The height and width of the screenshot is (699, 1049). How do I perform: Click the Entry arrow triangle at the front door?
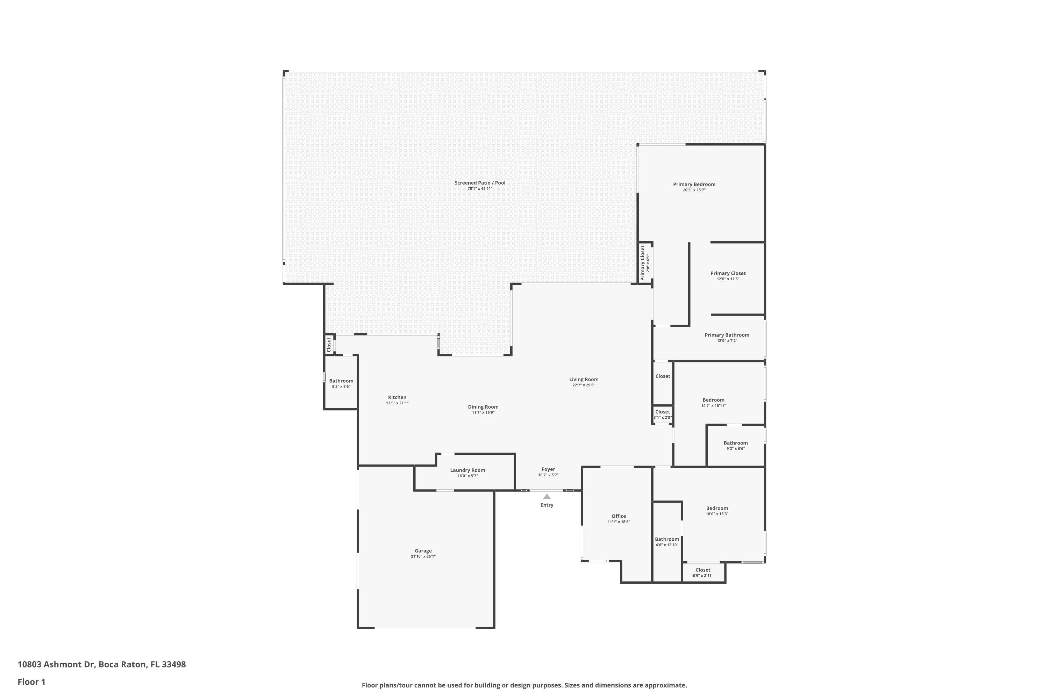(x=547, y=496)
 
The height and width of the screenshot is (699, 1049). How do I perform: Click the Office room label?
(x=619, y=516)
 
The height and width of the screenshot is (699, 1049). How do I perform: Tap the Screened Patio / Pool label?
(x=480, y=183)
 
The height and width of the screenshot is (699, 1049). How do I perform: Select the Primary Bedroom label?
(x=694, y=184)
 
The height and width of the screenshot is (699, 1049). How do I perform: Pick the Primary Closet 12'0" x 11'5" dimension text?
(x=728, y=279)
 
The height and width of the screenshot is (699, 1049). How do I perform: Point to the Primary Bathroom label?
(x=727, y=335)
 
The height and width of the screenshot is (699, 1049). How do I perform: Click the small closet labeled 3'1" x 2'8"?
(x=662, y=415)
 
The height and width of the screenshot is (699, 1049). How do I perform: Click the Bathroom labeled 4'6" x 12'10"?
(x=667, y=542)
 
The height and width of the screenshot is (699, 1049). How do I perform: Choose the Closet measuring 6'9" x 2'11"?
(x=702, y=572)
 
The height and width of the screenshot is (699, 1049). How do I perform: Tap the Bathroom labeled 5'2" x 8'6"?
(x=341, y=383)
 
